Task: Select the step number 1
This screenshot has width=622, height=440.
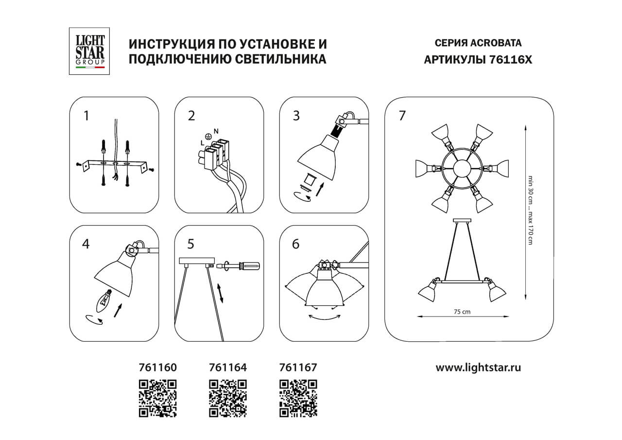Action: coord(86,116)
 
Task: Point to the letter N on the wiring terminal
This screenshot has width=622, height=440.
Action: coord(216,131)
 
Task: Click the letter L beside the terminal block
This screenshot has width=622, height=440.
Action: coord(202,143)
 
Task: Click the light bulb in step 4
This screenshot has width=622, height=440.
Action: coord(104,299)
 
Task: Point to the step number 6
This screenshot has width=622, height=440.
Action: coord(295,244)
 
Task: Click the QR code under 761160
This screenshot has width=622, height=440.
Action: coord(158,398)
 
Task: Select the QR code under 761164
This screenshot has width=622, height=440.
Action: coord(227,398)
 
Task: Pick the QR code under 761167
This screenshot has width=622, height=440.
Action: coord(298,398)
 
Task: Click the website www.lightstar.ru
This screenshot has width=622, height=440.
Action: coord(478,368)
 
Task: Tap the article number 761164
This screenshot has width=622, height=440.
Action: coord(227,368)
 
